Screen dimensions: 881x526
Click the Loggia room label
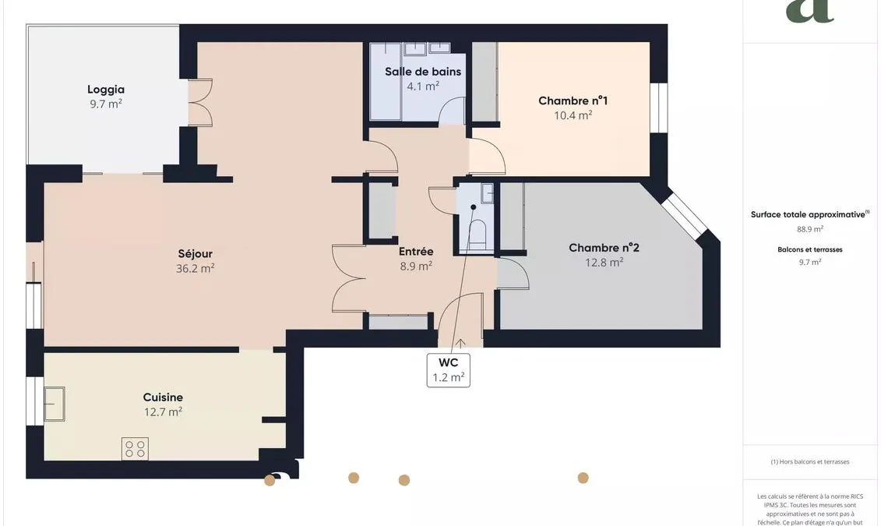coord(106,90)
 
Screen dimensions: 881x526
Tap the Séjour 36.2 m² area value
coord(195,269)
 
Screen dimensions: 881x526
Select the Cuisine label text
coord(163,397)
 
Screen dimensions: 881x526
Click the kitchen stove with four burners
coord(135,448)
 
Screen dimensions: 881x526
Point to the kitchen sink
coord(55,404)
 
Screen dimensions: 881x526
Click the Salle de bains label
coord(423,72)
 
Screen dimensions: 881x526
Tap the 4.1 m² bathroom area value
coord(423,86)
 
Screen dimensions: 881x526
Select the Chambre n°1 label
coord(573,101)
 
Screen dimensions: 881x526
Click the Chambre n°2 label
coord(604,248)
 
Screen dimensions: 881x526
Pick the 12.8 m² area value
coord(604,263)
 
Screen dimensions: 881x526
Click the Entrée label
coord(416,252)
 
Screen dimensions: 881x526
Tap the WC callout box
coord(449,370)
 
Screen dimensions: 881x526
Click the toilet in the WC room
coord(477,234)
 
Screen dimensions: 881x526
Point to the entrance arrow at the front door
coord(460,344)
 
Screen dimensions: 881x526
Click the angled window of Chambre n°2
coord(684,215)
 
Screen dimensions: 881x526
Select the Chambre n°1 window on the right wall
coord(658,108)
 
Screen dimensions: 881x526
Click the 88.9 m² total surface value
coord(810,229)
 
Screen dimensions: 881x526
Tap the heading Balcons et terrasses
coord(810,249)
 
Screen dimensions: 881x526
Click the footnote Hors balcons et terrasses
coord(810,462)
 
